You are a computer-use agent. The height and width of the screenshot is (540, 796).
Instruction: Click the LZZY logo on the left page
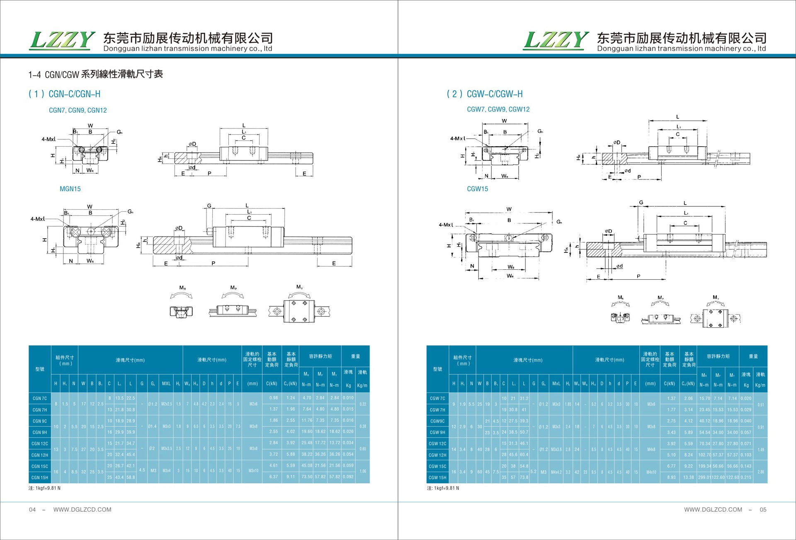coord(62,41)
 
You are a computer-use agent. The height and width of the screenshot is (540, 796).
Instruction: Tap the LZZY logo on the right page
coord(556,41)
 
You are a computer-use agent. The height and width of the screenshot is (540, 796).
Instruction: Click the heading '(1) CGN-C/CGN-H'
coord(64,94)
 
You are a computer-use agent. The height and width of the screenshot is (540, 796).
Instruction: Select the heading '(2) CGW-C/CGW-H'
coord(484,94)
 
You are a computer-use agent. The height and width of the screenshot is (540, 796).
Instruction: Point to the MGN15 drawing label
coord(70,189)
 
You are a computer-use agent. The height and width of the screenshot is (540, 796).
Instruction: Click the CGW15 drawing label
coord(477,189)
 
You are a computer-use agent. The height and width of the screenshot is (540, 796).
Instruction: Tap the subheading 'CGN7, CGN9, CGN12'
coord(78,110)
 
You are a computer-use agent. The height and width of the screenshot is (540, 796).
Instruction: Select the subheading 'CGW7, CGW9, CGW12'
coord(498,109)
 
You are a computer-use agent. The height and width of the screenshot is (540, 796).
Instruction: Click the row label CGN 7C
coord(40,399)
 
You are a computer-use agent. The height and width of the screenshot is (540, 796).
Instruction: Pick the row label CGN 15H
coord(40,478)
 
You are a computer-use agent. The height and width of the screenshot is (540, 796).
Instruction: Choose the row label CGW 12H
coord(437,455)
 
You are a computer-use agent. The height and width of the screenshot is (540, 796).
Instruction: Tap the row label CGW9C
coord(437,421)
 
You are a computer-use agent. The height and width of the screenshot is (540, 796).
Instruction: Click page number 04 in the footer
coord(32,510)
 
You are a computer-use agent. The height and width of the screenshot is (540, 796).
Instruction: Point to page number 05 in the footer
coord(763,510)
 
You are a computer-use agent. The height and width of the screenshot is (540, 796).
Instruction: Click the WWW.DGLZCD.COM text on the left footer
coord(82,510)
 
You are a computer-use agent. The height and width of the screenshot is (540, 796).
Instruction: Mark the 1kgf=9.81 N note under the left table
coord(44,488)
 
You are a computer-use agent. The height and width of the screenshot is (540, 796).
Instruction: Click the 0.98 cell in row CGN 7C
coord(274,398)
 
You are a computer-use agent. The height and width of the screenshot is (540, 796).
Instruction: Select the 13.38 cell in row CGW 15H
coord(689,477)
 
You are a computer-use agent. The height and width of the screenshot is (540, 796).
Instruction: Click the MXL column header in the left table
coord(166,384)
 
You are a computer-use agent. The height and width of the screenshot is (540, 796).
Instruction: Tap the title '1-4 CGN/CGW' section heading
coord(95,75)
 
